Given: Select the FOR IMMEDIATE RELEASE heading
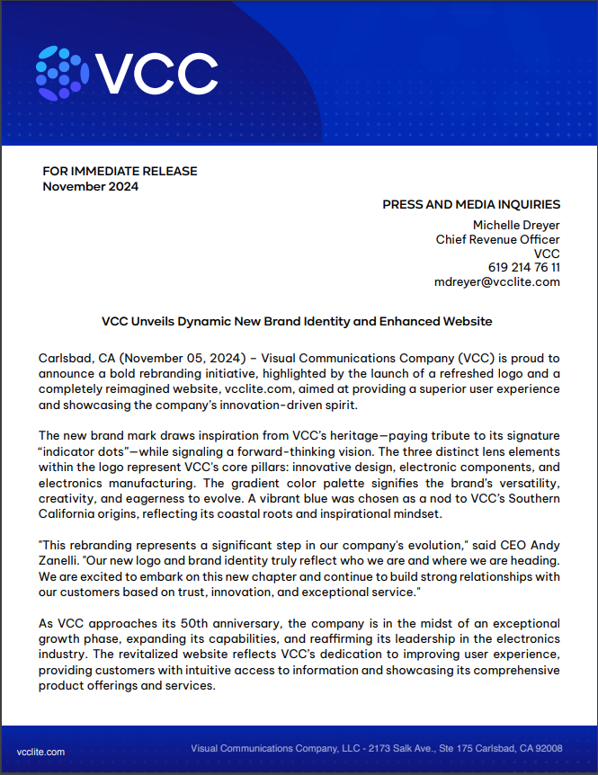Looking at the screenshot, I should click(x=120, y=171).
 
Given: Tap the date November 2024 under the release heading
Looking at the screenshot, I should click(x=91, y=186).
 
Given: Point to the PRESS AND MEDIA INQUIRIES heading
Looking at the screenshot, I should click(x=471, y=204).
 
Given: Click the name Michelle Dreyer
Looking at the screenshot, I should click(x=516, y=225).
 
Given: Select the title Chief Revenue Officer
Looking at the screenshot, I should click(x=497, y=239).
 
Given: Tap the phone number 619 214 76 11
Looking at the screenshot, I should click(x=524, y=268).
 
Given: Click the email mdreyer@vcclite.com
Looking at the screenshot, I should click(x=496, y=282).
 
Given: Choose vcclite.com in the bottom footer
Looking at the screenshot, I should click(x=41, y=750).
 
